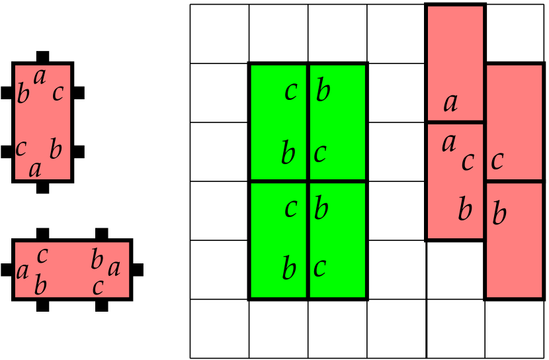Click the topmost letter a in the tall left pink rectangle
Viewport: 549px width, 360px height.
point(40,77)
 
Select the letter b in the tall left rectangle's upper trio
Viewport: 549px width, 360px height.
point(23,95)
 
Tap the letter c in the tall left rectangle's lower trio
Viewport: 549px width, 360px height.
point(21,148)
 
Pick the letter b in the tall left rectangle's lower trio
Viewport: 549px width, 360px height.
point(56,150)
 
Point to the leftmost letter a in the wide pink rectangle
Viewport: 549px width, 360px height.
point(22,271)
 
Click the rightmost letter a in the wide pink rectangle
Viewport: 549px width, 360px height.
point(114,269)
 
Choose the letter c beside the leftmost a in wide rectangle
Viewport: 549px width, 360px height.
point(42,255)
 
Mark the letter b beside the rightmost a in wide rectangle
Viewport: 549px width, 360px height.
point(97,260)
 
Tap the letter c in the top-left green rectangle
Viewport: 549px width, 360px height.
point(290,91)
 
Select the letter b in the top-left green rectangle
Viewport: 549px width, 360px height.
point(288,154)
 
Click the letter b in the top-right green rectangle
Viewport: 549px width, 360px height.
point(323,91)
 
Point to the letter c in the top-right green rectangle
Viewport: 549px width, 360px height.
point(320,154)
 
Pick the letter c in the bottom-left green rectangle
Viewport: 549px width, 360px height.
point(290,208)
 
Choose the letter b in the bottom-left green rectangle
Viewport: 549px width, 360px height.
point(289,269)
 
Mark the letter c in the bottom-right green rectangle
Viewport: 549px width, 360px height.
point(319,268)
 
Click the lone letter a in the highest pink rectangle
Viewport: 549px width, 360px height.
point(450,103)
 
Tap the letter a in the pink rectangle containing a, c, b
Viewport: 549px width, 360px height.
point(449,143)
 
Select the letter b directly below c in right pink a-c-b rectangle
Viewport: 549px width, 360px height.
point(465,210)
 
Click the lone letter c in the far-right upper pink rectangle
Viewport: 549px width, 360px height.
point(497,161)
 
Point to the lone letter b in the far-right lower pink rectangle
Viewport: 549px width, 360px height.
point(499,214)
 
